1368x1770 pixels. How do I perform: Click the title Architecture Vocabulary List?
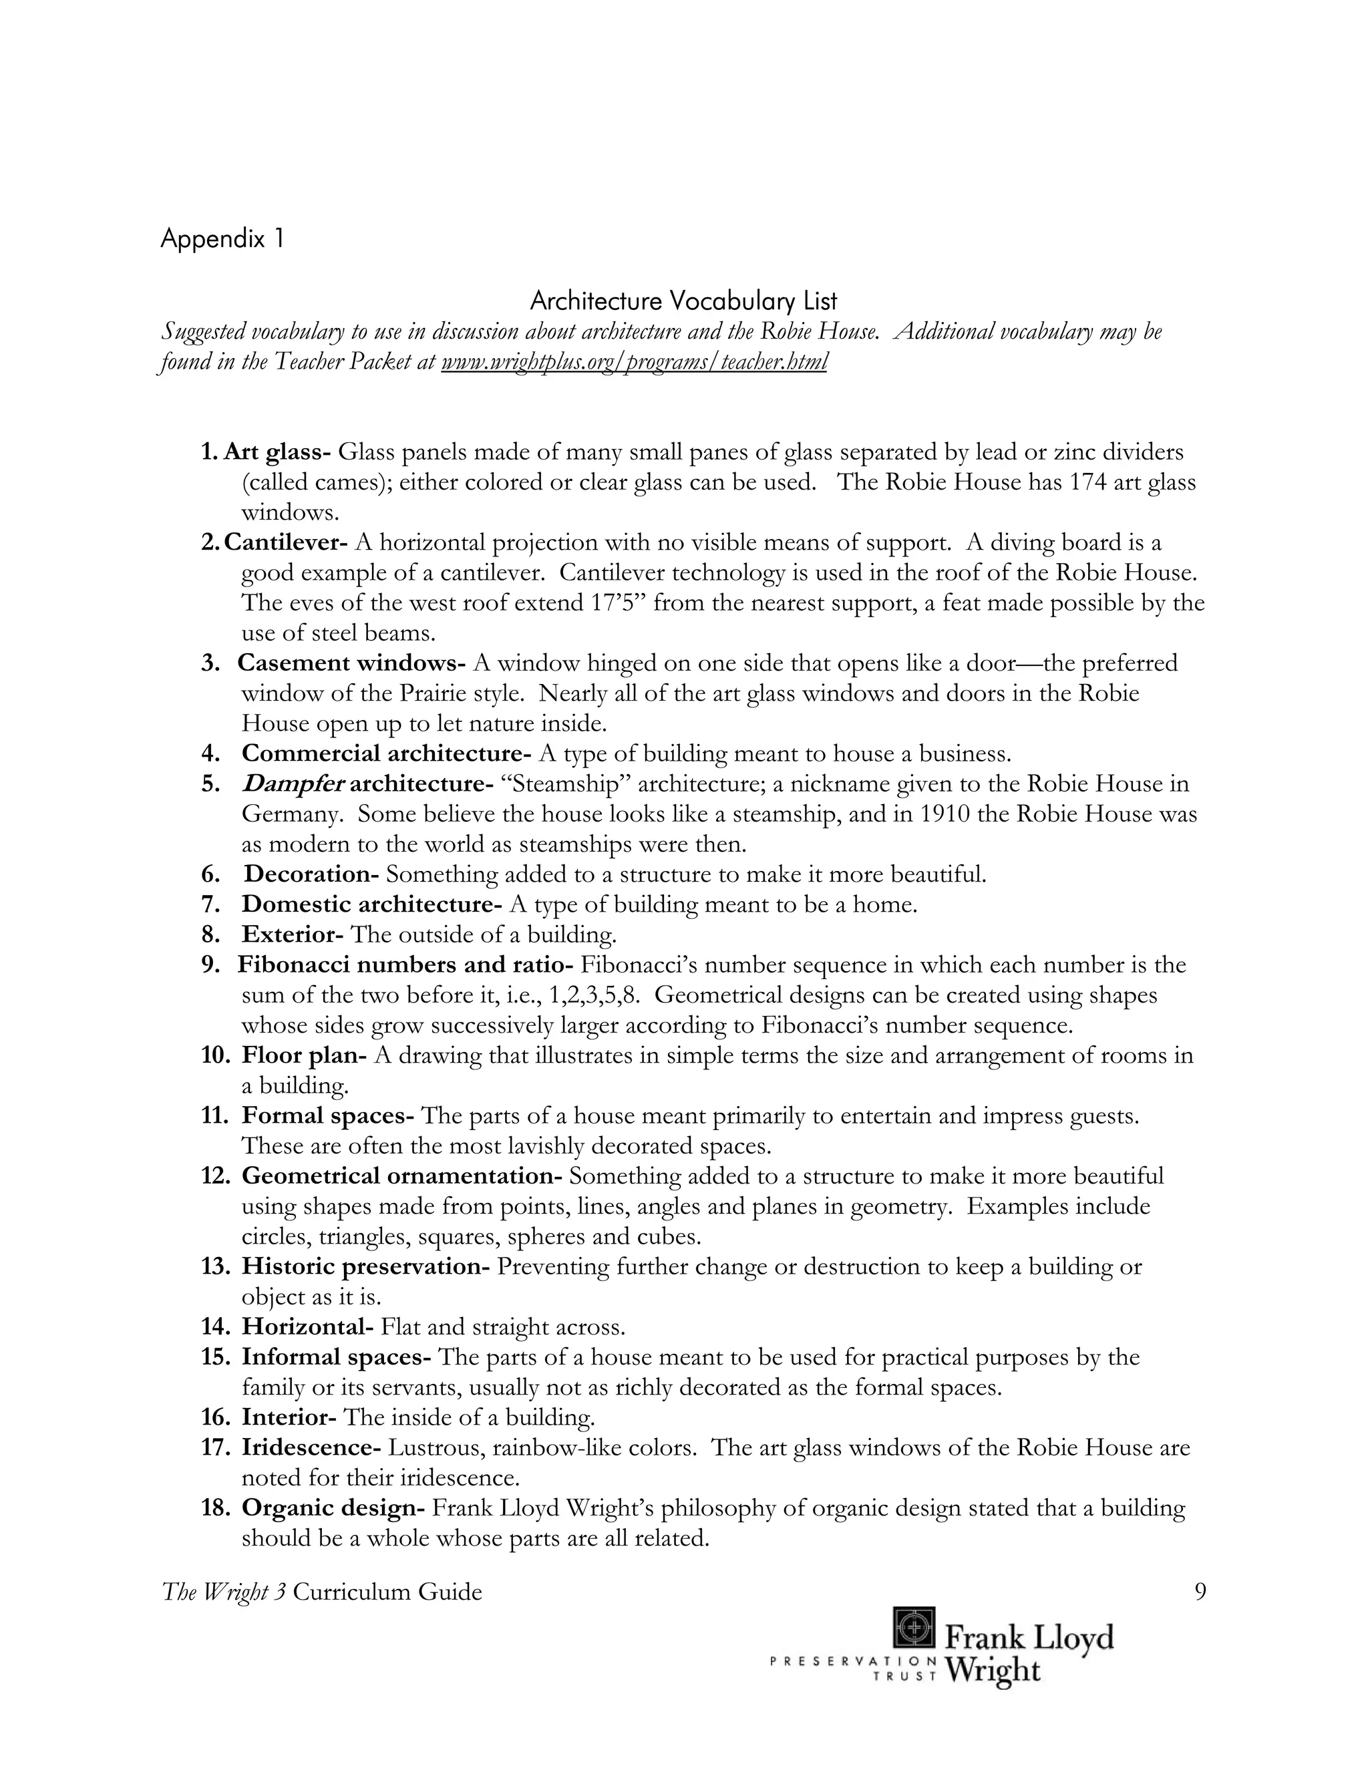point(683,301)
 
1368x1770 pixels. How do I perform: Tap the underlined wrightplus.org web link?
point(634,361)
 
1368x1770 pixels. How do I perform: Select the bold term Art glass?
point(277,452)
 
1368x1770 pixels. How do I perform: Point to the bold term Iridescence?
point(311,1447)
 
